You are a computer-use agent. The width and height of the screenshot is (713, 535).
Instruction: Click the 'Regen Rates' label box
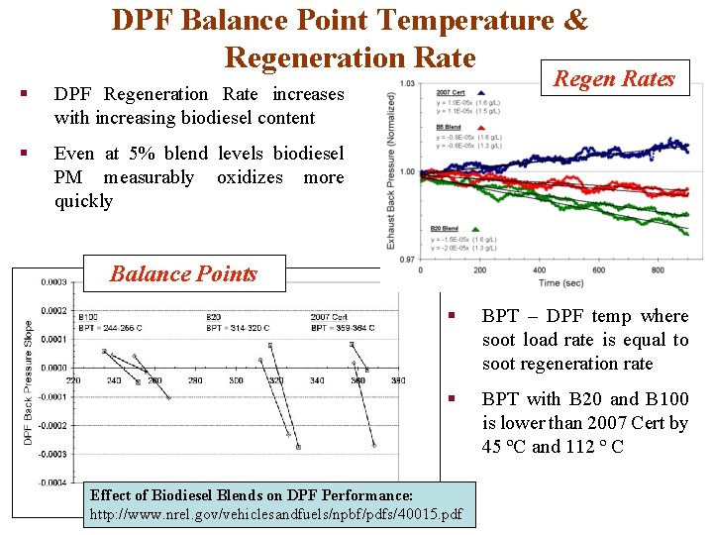pos(614,79)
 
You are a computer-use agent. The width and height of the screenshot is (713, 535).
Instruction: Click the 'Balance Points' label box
pos(183,274)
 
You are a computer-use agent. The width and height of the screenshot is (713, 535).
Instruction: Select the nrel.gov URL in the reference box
pos(276,515)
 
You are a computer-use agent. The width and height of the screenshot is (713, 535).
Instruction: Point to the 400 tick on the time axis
pos(541,269)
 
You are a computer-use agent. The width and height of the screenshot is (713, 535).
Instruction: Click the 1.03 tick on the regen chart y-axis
pos(405,83)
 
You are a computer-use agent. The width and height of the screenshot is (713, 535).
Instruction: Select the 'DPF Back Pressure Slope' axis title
pos(28,381)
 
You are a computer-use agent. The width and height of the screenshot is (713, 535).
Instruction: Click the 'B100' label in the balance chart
pos(87,317)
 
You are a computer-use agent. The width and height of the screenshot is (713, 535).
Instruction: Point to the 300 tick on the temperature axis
pos(236,380)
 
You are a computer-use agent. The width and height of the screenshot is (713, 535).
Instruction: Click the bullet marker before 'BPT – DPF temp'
pos(451,317)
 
